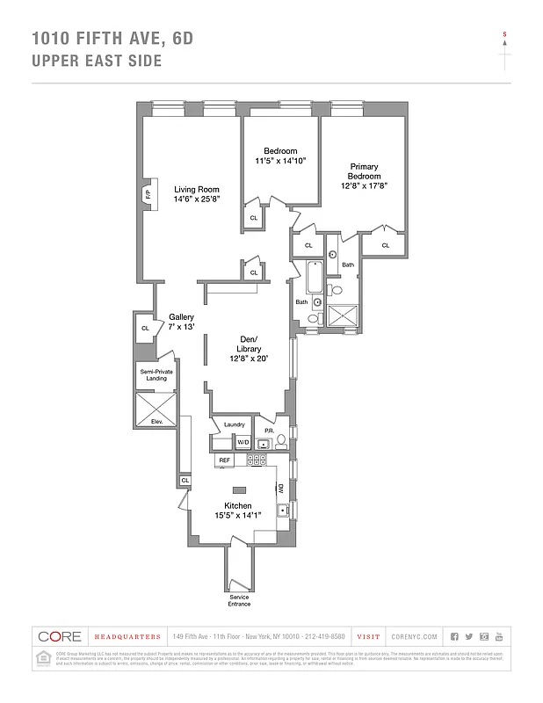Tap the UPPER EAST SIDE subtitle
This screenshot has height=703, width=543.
tap(97, 61)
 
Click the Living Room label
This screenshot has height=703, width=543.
tap(196, 190)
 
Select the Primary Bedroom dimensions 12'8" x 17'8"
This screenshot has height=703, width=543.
tap(364, 186)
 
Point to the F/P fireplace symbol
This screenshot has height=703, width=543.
tap(148, 193)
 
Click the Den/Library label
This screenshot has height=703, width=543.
tap(249, 344)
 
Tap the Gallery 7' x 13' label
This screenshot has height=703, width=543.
tap(181, 323)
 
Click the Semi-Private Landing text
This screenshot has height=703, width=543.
tap(156, 375)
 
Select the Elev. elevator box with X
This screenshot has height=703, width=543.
tap(156, 409)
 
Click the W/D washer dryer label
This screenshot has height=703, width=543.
tap(243, 442)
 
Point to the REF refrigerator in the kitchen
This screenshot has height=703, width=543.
tap(225, 460)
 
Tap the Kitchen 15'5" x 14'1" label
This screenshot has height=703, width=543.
tap(238, 511)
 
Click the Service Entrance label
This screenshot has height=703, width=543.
tap(239, 600)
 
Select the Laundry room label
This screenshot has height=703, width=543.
tap(234, 424)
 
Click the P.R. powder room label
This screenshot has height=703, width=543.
tap(270, 430)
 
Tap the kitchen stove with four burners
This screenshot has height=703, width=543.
tap(256, 460)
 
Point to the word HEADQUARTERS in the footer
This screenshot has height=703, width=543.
tap(127, 636)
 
